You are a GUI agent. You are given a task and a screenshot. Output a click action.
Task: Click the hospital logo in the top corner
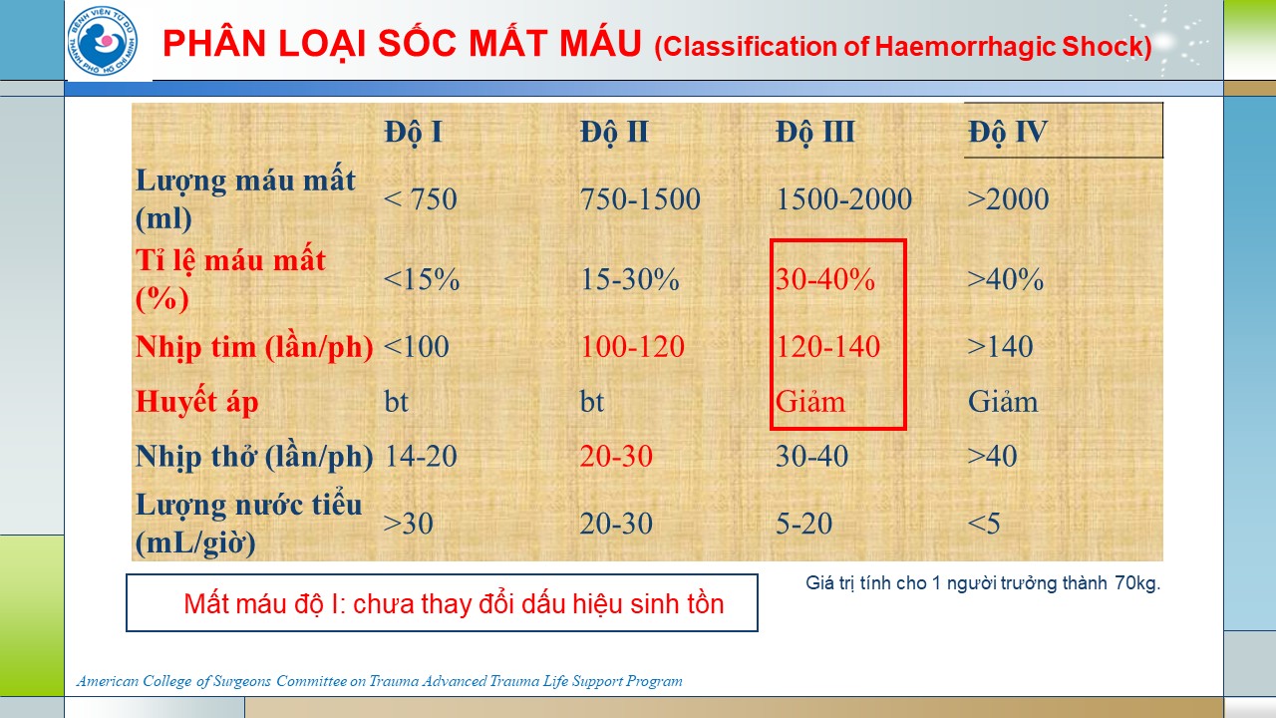pyautogui.click(x=103, y=41)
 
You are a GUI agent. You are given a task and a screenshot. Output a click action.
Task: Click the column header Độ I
pyautogui.click(x=413, y=133)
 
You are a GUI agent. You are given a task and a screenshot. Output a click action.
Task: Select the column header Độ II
pyautogui.click(x=614, y=133)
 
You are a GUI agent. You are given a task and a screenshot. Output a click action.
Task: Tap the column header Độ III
pyautogui.click(x=815, y=133)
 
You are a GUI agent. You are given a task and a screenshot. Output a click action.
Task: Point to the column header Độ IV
pyautogui.click(x=1008, y=133)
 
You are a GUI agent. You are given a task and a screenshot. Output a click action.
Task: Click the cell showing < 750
pyautogui.click(x=421, y=198)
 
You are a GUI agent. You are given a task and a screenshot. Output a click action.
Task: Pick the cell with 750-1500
pyautogui.click(x=640, y=198)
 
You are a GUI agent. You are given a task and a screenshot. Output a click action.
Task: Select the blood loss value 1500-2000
pyautogui.click(x=843, y=198)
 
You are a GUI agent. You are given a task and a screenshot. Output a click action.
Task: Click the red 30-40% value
pyautogui.click(x=824, y=279)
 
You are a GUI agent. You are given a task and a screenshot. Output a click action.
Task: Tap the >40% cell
pyautogui.click(x=1006, y=279)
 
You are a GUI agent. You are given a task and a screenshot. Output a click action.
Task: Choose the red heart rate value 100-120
pyautogui.click(x=632, y=346)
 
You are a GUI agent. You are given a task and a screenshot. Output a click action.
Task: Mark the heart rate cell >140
pyautogui.click(x=1000, y=346)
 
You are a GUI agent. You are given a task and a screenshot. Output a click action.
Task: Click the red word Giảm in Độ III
pyautogui.click(x=810, y=402)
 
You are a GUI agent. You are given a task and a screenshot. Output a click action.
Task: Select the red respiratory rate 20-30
pyautogui.click(x=616, y=456)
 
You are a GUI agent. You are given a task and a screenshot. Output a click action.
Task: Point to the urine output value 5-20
pyautogui.click(x=803, y=524)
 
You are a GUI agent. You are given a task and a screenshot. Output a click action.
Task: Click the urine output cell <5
pyautogui.click(x=984, y=524)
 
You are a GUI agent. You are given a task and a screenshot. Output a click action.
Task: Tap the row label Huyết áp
pyautogui.click(x=196, y=402)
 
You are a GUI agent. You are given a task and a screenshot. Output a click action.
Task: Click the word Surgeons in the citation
pyautogui.click(x=241, y=681)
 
